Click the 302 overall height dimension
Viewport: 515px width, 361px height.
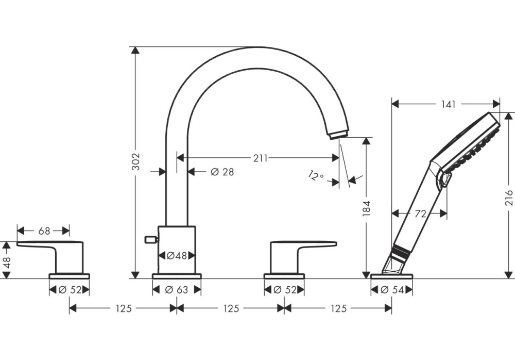coord(135,162)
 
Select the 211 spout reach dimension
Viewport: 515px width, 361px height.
coord(260,158)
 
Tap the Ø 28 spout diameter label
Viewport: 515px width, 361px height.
coord(222,172)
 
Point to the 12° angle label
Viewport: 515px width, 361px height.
coord(316,176)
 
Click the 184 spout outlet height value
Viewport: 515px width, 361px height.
coord(367,208)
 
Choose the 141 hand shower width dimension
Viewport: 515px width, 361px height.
coord(448,104)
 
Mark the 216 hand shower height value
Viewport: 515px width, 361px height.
coord(509,198)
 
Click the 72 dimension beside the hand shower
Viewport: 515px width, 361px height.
coord(420,214)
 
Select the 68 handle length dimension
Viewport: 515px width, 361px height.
coord(44,231)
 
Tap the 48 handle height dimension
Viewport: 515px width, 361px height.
coord(7,262)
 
